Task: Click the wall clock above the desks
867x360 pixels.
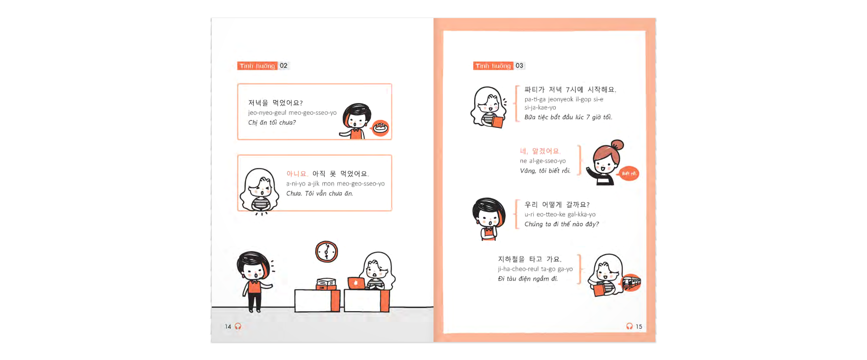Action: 326,252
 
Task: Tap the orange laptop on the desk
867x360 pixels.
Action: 356,283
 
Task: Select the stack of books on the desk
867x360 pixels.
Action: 326,284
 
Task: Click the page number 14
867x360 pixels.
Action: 228,327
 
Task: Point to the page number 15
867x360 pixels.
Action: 639,327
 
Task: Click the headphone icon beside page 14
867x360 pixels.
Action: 238,326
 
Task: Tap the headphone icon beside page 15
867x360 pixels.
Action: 629,326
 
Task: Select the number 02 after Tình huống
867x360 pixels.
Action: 284,65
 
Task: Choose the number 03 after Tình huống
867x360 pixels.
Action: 519,65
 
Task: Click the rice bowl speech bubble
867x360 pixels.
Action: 380,128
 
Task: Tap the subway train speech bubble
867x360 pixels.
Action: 631,283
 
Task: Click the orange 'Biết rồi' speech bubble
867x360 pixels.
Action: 629,173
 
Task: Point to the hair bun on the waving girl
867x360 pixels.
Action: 617,145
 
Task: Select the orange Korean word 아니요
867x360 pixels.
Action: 297,174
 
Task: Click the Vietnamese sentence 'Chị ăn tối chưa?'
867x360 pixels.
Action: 272,122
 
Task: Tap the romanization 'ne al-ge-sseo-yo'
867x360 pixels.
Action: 543,161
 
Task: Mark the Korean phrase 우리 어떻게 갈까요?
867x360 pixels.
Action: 557,205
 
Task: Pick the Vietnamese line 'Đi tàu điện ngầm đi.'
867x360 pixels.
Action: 528,279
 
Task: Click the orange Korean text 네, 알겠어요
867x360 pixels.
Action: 540,151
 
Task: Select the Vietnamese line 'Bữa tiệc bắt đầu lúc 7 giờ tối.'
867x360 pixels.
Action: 568,117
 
